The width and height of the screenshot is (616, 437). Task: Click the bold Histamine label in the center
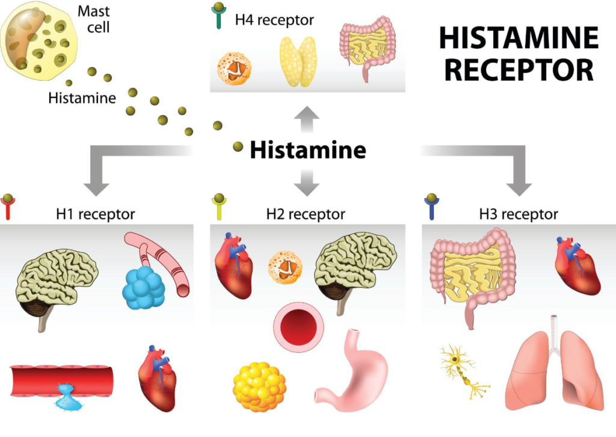coord(307,149)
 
